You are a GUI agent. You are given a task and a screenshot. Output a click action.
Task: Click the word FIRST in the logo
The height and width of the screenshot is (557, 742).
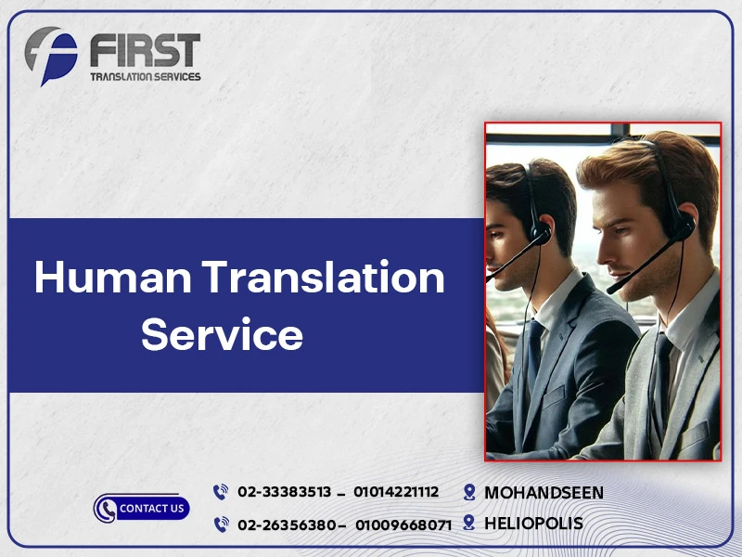pyautogui.click(x=145, y=50)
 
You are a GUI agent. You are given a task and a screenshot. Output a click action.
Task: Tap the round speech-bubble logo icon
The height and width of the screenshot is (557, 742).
pyautogui.click(x=51, y=56)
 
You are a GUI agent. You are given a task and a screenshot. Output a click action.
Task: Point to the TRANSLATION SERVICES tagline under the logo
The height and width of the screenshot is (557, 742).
pyautogui.click(x=144, y=76)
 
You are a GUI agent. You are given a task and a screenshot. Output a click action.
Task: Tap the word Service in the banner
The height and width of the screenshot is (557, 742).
pyautogui.click(x=222, y=334)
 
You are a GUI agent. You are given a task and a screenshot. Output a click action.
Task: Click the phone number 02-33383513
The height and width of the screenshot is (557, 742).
pyautogui.click(x=284, y=492)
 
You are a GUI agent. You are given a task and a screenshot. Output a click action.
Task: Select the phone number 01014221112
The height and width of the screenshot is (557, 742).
pyautogui.click(x=396, y=492)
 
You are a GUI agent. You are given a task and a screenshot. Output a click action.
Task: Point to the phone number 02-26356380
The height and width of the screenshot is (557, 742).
pyautogui.click(x=286, y=525)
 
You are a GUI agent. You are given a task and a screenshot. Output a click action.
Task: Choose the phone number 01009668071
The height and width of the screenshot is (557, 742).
pyautogui.click(x=403, y=525)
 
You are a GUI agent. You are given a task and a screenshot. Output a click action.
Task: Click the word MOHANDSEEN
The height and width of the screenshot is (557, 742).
pyautogui.click(x=544, y=492)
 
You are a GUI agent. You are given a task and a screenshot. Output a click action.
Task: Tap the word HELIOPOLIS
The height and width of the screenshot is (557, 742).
pyautogui.click(x=533, y=524)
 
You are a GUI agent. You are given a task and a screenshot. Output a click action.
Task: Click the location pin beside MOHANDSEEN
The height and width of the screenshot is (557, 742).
pyautogui.click(x=469, y=492)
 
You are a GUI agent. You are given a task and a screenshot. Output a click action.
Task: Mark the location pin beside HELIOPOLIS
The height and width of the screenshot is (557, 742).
pyautogui.click(x=469, y=524)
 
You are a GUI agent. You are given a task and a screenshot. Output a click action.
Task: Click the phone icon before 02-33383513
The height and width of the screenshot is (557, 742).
pyautogui.click(x=221, y=492)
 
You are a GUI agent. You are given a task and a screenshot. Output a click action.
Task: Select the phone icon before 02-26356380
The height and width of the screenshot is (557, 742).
pyautogui.click(x=221, y=525)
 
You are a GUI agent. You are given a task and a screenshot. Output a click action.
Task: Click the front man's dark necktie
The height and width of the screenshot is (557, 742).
pyautogui.click(x=659, y=381)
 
